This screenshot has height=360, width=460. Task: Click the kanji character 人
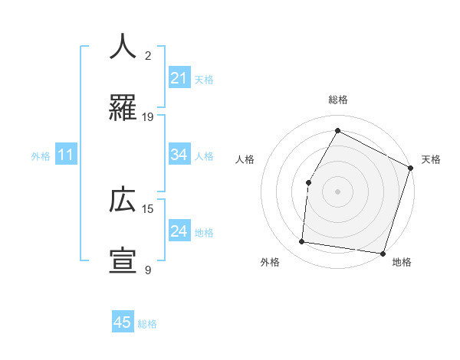coord(123,47)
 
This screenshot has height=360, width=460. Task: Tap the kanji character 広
coord(123,200)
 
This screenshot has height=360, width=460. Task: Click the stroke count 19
coord(148,117)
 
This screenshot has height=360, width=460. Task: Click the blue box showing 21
coord(179,78)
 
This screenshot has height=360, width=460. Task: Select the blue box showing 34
coord(179,155)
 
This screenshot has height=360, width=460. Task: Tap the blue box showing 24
coord(179,231)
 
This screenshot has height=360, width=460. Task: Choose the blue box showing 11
coord(66,155)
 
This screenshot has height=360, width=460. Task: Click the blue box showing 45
coord(123,322)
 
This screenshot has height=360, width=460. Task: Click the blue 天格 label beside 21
coord(204,79)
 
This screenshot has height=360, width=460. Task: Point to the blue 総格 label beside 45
coord(147,323)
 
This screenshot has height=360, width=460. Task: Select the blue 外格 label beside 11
coord(41,155)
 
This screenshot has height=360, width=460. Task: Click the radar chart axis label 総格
coord(337,100)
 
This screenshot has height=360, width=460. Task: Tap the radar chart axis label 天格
coord(431,159)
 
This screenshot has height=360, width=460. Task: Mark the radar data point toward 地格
coord(383,254)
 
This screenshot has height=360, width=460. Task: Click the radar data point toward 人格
coord(308,182)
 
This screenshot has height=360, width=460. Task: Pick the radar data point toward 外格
coord(302,242)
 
